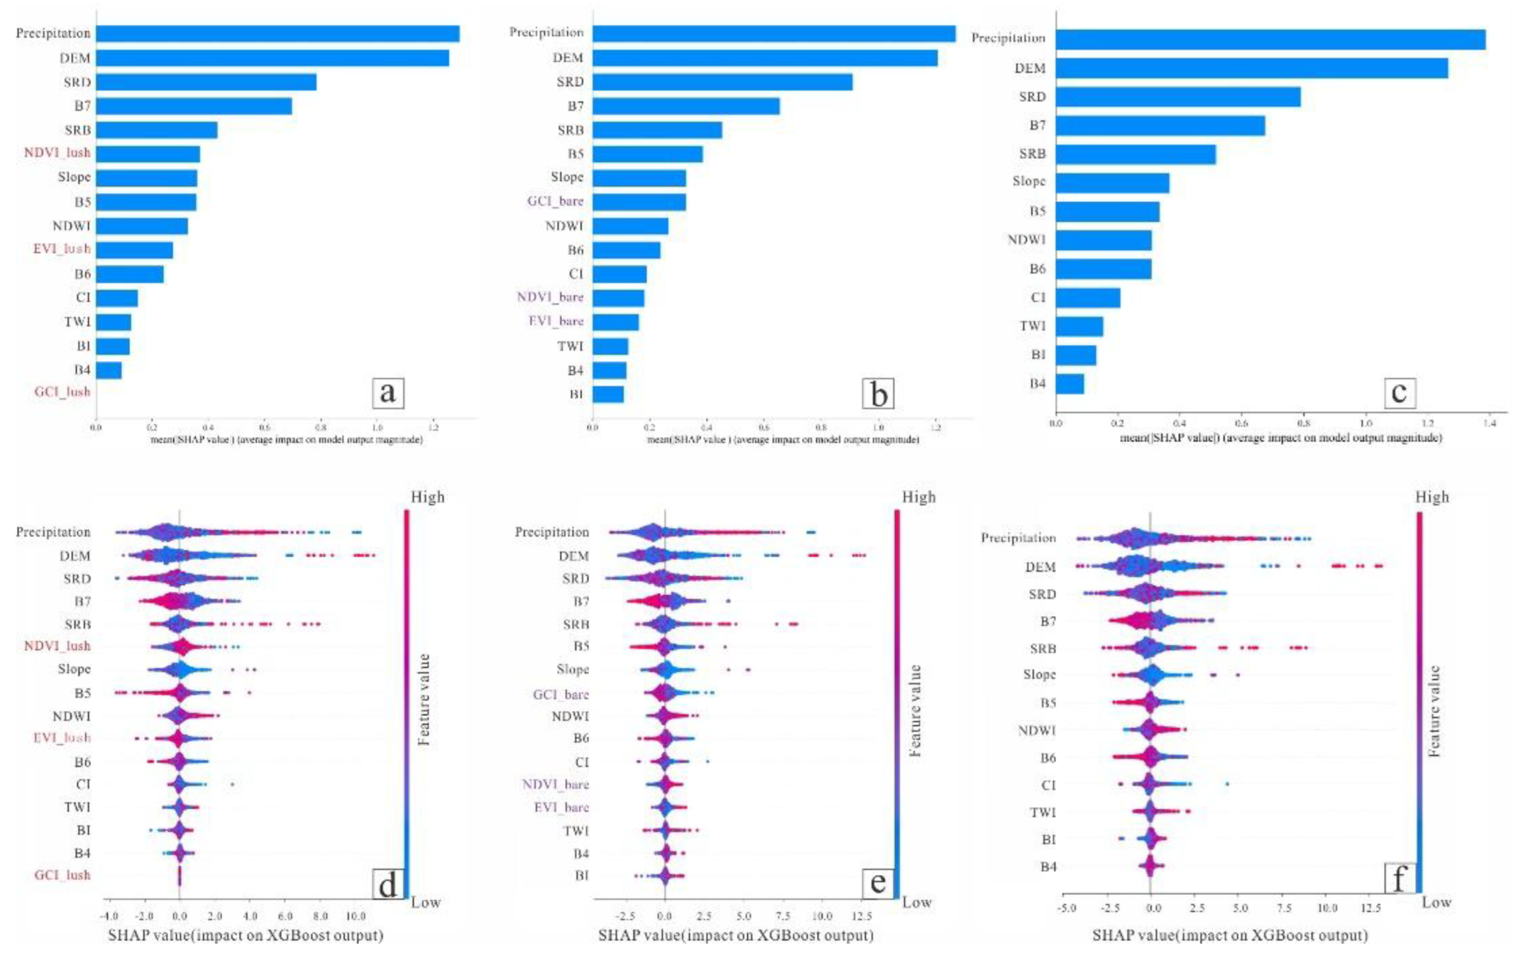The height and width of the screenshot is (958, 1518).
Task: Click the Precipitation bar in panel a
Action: coord(277,33)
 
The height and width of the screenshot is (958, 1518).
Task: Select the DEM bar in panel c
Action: coord(1251,68)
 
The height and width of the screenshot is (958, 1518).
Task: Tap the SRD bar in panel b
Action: coord(722,82)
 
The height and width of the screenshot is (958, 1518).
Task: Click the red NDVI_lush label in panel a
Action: coord(57,153)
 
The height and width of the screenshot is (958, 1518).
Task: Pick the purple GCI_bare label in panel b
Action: coord(555,201)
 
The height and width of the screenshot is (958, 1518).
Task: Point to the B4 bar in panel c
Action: coord(1069,384)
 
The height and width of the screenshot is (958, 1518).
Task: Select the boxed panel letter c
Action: coord(1399,392)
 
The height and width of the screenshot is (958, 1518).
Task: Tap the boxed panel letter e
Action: coord(878,883)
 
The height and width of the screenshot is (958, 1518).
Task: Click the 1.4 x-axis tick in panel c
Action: coord(1489,423)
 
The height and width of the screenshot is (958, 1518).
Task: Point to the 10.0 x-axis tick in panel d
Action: coord(356,916)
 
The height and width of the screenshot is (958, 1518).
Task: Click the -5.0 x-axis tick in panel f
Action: coord(1066,908)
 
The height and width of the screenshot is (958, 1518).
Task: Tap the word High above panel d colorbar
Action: coord(427,497)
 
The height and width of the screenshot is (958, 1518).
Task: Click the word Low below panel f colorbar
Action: coord(1436,903)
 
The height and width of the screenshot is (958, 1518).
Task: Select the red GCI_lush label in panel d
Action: coord(62,875)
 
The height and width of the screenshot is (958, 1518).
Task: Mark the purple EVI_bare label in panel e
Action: coord(561,807)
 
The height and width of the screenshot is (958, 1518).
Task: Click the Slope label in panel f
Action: coord(1039,674)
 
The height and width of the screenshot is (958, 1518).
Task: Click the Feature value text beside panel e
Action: coord(915,710)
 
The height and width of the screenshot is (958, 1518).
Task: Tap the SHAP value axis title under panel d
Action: coord(246,935)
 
